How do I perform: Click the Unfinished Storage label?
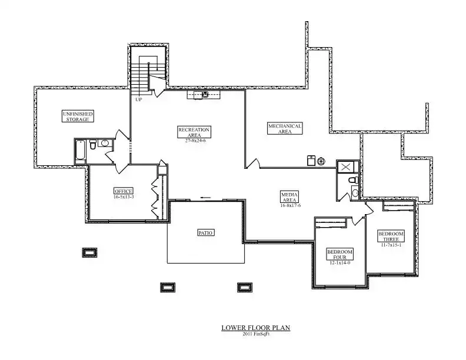[78, 116]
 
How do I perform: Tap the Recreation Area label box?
[194, 132]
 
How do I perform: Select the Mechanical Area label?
[285, 129]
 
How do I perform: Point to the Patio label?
[206, 233]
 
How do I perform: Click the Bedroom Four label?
[340, 255]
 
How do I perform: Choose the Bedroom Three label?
[391, 236]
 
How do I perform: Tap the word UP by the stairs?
[138, 99]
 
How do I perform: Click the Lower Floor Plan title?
[255, 328]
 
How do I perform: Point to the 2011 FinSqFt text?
[255, 334]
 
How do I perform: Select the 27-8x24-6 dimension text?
[195, 141]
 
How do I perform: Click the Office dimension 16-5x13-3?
[124, 196]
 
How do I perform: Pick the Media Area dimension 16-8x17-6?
[290, 205]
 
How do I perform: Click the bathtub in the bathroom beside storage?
[81, 152]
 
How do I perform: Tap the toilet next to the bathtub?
[93, 144]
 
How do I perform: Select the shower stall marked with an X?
[345, 167]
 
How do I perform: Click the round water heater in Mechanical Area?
[321, 161]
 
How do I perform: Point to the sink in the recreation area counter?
[205, 95]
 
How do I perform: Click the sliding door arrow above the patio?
[206, 198]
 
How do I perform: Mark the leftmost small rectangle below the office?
[89, 252]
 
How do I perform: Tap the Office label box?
[124, 191]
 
